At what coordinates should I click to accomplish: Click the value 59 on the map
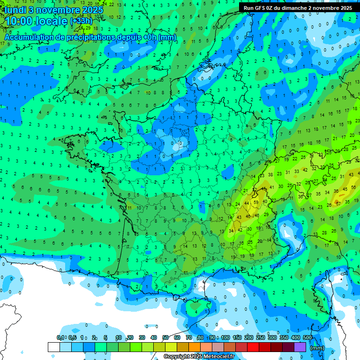tap(255, 202)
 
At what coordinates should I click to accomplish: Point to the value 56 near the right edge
tap(352, 188)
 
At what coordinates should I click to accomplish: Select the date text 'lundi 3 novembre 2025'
tap(48, 9)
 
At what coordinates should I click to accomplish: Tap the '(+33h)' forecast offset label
tap(81, 21)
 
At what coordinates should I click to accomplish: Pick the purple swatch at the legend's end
tap(300, 347)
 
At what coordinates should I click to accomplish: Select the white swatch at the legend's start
tap(53, 347)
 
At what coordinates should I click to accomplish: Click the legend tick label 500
tap(307, 337)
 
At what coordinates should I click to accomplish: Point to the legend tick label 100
tap(225, 337)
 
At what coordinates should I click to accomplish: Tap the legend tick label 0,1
tap(60, 337)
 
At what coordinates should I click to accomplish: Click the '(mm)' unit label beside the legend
tap(317, 348)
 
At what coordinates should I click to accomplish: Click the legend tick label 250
tap(260, 337)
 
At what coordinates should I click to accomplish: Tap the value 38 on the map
tap(270, 174)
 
